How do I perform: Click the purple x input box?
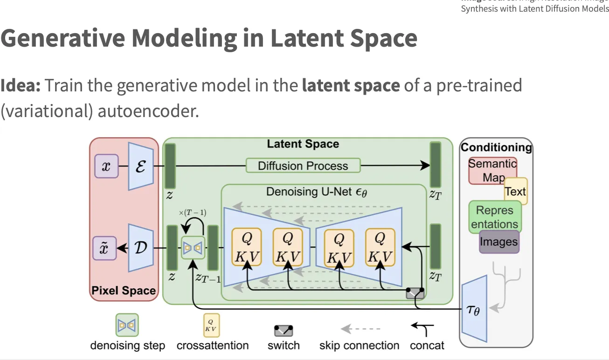(106, 166)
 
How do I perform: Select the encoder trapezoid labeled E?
(141, 166)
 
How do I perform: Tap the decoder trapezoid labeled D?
(141, 248)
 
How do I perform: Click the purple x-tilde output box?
(104, 248)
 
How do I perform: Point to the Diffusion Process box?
(303, 166)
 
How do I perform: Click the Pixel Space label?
(124, 291)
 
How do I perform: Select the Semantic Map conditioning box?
(491, 171)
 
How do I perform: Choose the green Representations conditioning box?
(494, 217)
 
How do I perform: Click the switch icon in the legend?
(284, 331)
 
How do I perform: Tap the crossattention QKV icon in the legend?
(211, 325)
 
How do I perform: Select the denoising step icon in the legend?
(127, 325)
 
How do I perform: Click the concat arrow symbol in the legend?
(423, 329)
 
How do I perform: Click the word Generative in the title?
(62, 38)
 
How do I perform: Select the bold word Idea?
(21, 86)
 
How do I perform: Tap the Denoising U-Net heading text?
(317, 192)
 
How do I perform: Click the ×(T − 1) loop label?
(193, 213)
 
